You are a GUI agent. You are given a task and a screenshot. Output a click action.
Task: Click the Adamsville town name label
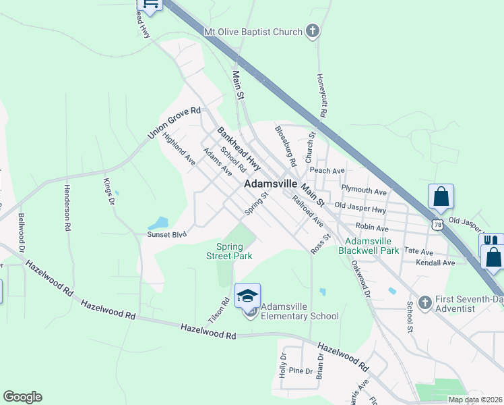click(x=270, y=183)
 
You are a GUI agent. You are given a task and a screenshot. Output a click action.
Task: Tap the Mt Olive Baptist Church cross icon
click(x=311, y=30)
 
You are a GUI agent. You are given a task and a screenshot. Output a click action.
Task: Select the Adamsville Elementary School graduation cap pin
click(x=247, y=295)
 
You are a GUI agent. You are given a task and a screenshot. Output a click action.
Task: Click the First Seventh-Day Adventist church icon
click(x=424, y=302)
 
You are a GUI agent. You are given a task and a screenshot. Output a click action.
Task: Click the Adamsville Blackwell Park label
click(x=373, y=246)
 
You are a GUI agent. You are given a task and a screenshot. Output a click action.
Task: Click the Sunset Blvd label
click(x=166, y=235)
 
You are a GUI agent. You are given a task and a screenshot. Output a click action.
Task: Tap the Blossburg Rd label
click(x=286, y=145)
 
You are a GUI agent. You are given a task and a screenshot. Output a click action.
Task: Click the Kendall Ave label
click(x=435, y=262)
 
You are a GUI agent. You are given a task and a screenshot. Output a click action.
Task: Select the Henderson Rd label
click(x=68, y=208)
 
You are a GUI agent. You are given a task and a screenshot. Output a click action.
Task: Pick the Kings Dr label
click(x=108, y=190)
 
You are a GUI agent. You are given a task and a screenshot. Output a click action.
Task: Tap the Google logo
click(x=22, y=397)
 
